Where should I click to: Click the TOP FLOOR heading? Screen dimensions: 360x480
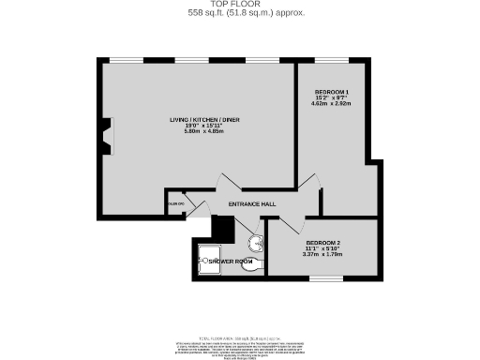click(241, 5)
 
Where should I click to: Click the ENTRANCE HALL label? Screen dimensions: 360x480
click(237, 203)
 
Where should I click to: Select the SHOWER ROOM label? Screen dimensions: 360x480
click(231, 260)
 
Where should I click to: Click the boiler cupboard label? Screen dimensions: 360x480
click(174, 203)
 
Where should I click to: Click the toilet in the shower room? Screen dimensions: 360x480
click(252, 266)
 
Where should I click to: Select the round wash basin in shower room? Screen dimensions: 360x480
click(261, 241)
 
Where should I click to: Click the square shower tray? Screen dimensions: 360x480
click(208, 266)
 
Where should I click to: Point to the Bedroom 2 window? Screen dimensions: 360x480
click(325, 277)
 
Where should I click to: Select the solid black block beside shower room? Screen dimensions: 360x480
click(222, 228)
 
